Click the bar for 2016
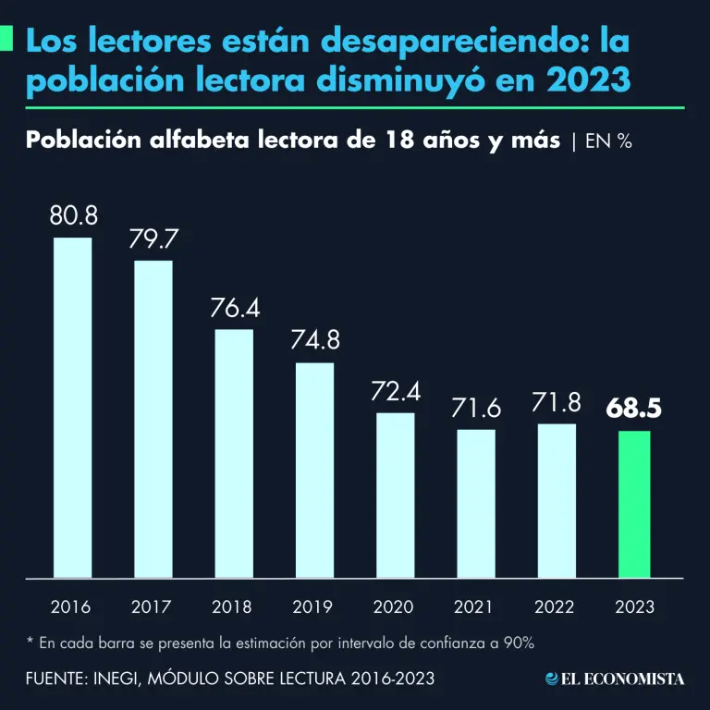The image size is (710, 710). [72, 408]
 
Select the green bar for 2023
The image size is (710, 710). [634, 504]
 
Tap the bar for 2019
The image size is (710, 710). [314, 470]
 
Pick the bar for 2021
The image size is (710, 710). [476, 503]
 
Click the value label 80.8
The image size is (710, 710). [73, 216]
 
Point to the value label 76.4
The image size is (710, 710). [234, 308]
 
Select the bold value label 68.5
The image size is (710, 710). [634, 408]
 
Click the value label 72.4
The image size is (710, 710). [396, 391]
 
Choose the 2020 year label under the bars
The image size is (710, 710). [394, 607]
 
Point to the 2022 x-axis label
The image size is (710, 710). [556, 607]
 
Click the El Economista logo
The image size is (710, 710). [615, 679]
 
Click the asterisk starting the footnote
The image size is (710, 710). [30, 641]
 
